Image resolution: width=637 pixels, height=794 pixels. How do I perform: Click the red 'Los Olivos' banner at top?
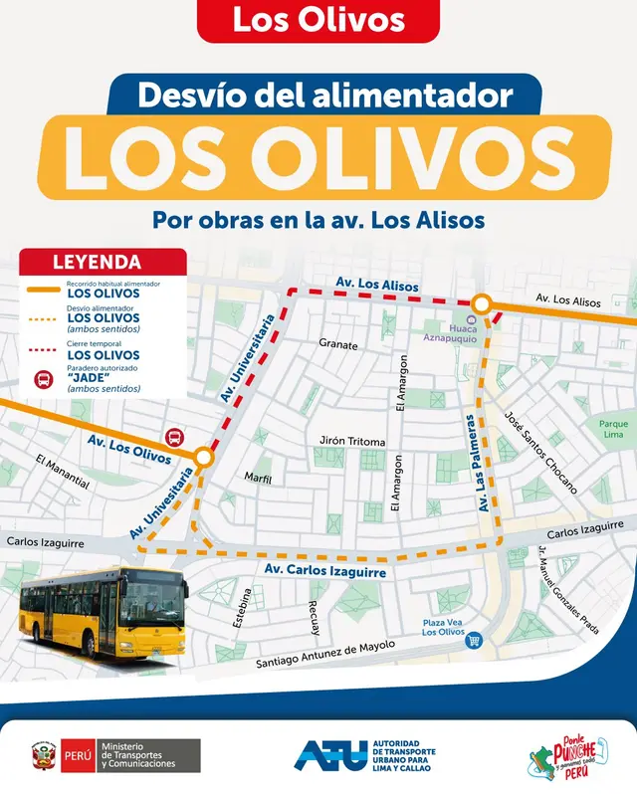pyautogui.click(x=318, y=21)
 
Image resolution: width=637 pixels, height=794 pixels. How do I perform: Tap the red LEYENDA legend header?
pyautogui.click(x=104, y=263)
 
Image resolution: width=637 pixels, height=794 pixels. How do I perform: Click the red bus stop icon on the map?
pyautogui.click(x=174, y=437)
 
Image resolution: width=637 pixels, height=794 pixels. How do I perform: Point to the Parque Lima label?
pyautogui.click(x=613, y=430)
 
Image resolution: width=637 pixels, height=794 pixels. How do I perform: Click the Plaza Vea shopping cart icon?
pyautogui.click(x=475, y=640)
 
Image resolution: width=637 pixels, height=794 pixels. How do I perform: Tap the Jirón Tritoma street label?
pyautogui.click(x=351, y=441)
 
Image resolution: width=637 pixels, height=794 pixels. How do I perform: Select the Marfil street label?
pyautogui.click(x=258, y=478)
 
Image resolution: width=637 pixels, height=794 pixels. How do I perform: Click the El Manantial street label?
pyautogui.click(x=62, y=473)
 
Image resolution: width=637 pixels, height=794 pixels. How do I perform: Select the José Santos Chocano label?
pyautogui.click(x=540, y=453)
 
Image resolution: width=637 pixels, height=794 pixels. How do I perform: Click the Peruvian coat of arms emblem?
pyautogui.click(x=43, y=755)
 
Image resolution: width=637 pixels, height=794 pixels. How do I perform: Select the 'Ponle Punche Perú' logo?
pyautogui.click(x=566, y=755)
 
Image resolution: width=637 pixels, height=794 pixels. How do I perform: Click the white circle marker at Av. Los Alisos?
pyautogui.click(x=481, y=303)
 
